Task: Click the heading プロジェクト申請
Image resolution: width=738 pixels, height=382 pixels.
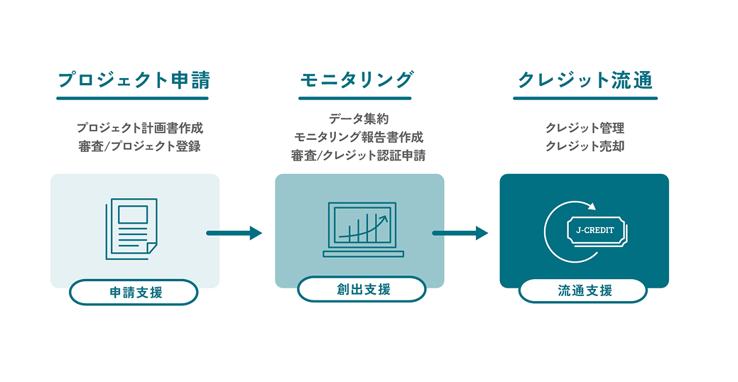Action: pyautogui.click(x=133, y=80)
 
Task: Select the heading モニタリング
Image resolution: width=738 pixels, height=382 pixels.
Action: pyautogui.click(x=356, y=80)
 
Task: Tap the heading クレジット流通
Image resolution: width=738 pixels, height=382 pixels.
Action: pyautogui.click(x=585, y=80)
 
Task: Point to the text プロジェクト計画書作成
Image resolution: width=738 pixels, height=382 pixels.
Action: pyautogui.click(x=140, y=129)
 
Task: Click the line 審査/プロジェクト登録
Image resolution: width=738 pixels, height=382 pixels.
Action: pyautogui.click(x=140, y=147)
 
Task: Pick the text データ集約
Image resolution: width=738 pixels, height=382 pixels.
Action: pyautogui.click(x=359, y=119)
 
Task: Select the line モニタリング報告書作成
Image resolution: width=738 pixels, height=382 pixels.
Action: pyautogui.click(x=359, y=136)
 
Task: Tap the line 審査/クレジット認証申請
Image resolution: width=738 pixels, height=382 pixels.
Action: pyautogui.click(x=359, y=155)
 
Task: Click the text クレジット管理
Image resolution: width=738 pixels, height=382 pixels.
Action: pyautogui.click(x=585, y=129)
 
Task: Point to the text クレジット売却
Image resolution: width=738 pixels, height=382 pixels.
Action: pyautogui.click(x=585, y=147)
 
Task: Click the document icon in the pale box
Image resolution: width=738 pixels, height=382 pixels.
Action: pyautogui.click(x=131, y=229)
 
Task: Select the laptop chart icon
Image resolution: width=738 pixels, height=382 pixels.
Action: pyautogui.click(x=363, y=229)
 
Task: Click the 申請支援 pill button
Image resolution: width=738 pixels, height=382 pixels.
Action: pyautogui.click(x=134, y=292)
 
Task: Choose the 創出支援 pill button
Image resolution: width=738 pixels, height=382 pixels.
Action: pyautogui.click(x=362, y=289)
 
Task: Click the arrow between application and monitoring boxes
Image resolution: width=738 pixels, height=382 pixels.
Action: pyautogui.click(x=234, y=233)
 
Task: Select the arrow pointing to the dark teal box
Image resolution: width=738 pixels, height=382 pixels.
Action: pyautogui.click(x=460, y=233)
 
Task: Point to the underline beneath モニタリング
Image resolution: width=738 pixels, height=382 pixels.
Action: pyautogui.click(x=355, y=98)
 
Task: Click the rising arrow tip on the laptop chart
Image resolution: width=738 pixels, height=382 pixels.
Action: pyautogui.click(x=386, y=217)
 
